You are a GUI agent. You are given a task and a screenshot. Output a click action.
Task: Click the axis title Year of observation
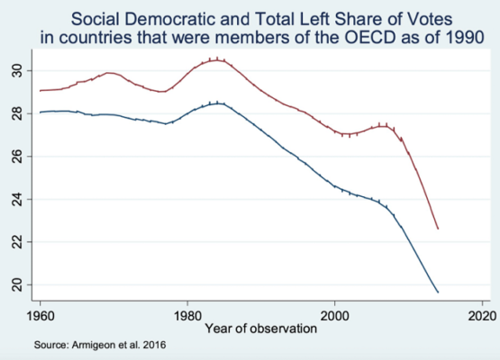click(x=261, y=328)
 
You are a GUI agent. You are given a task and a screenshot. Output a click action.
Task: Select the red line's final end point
click(x=438, y=229)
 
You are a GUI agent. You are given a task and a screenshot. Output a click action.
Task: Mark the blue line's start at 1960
click(x=40, y=112)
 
